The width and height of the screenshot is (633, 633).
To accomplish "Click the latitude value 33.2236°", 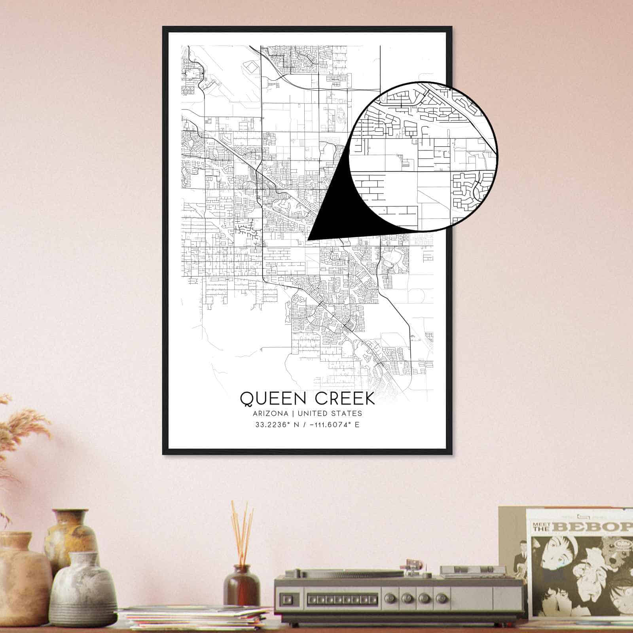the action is (272, 425).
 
